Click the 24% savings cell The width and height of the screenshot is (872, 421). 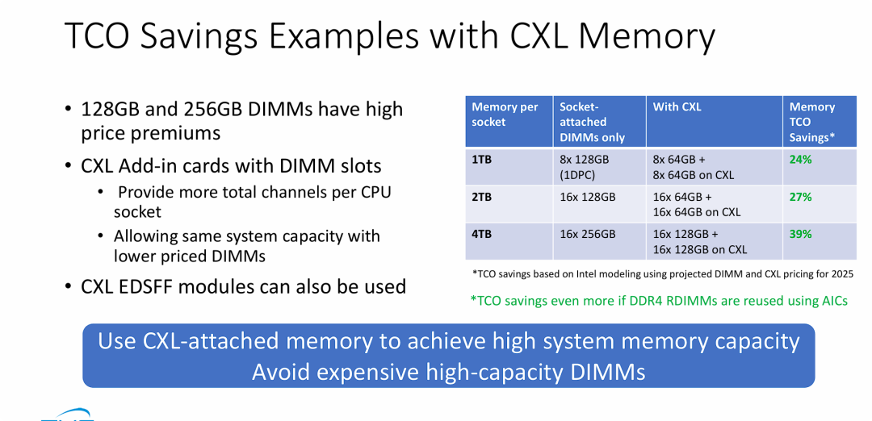[x=801, y=160]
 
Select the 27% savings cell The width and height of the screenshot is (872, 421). [x=801, y=197]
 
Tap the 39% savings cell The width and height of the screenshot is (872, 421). [x=801, y=234]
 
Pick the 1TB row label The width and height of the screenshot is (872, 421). [x=481, y=160]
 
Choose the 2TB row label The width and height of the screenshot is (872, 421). [x=481, y=197]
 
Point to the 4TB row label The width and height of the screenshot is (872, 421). [x=481, y=234]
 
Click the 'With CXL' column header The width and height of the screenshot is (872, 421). [x=677, y=107]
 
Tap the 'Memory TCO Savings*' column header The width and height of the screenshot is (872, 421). [x=811, y=122]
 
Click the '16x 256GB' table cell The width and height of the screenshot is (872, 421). [x=588, y=234]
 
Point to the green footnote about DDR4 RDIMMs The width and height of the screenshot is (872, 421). [x=659, y=301]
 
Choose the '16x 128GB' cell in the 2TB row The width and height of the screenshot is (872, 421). [x=588, y=197]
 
